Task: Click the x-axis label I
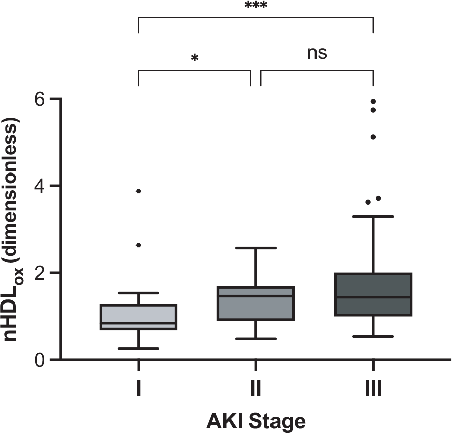[139, 388]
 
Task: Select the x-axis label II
[256, 388]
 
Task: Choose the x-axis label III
[373, 388]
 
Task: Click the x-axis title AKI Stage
[256, 420]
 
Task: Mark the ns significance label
[317, 53]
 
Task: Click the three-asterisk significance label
[256, 6]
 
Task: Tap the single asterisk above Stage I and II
[194, 58]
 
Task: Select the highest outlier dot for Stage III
[373, 101]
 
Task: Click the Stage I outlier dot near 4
[139, 191]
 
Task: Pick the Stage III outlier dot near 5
[373, 137]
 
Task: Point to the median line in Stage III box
[373, 297]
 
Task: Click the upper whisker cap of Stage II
[256, 248]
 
